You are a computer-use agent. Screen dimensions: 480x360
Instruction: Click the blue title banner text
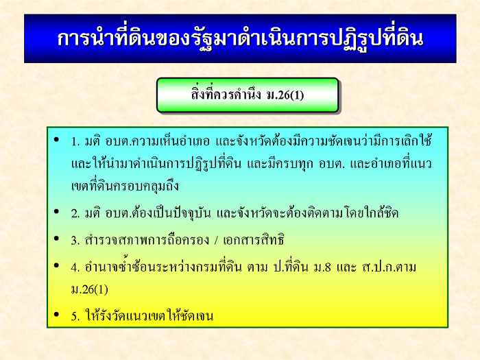coord(240,39)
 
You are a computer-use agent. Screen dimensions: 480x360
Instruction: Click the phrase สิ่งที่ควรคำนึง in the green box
coord(226,94)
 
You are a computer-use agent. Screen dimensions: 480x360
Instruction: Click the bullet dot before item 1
coord(56,140)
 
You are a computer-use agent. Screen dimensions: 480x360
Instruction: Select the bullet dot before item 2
coord(56,211)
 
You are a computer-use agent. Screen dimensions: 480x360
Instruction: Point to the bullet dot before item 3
coord(56,238)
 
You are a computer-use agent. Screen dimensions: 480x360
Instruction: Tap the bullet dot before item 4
coord(56,265)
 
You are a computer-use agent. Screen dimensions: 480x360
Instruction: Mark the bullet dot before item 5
coord(56,314)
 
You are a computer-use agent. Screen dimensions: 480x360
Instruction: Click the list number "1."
coord(75,142)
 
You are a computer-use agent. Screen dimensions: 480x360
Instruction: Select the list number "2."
coord(75,213)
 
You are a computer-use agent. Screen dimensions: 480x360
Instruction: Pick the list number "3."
coord(75,240)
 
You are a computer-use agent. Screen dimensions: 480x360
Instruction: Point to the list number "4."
coord(75,267)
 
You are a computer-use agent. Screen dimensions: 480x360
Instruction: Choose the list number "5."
coord(75,316)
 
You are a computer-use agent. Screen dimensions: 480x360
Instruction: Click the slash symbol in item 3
coord(216,240)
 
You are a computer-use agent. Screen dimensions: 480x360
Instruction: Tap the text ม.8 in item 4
coord(322,267)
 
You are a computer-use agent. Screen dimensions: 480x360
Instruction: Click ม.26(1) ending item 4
coord(89,289)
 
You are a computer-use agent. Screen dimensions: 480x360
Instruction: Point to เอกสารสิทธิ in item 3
coord(253,240)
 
